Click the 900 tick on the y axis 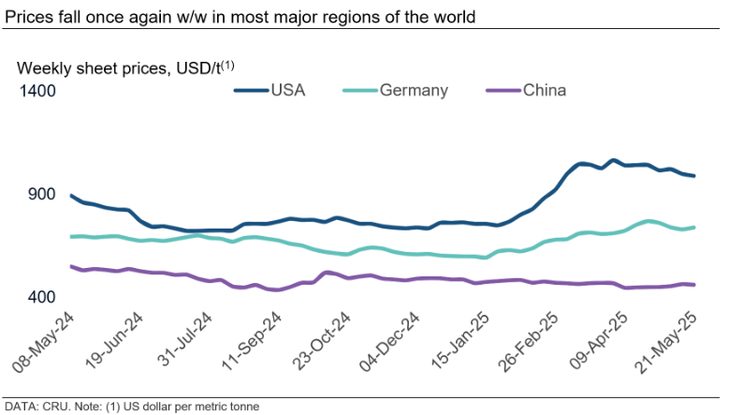click(43, 194)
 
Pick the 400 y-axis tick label click(43, 297)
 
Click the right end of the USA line click(693, 176)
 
